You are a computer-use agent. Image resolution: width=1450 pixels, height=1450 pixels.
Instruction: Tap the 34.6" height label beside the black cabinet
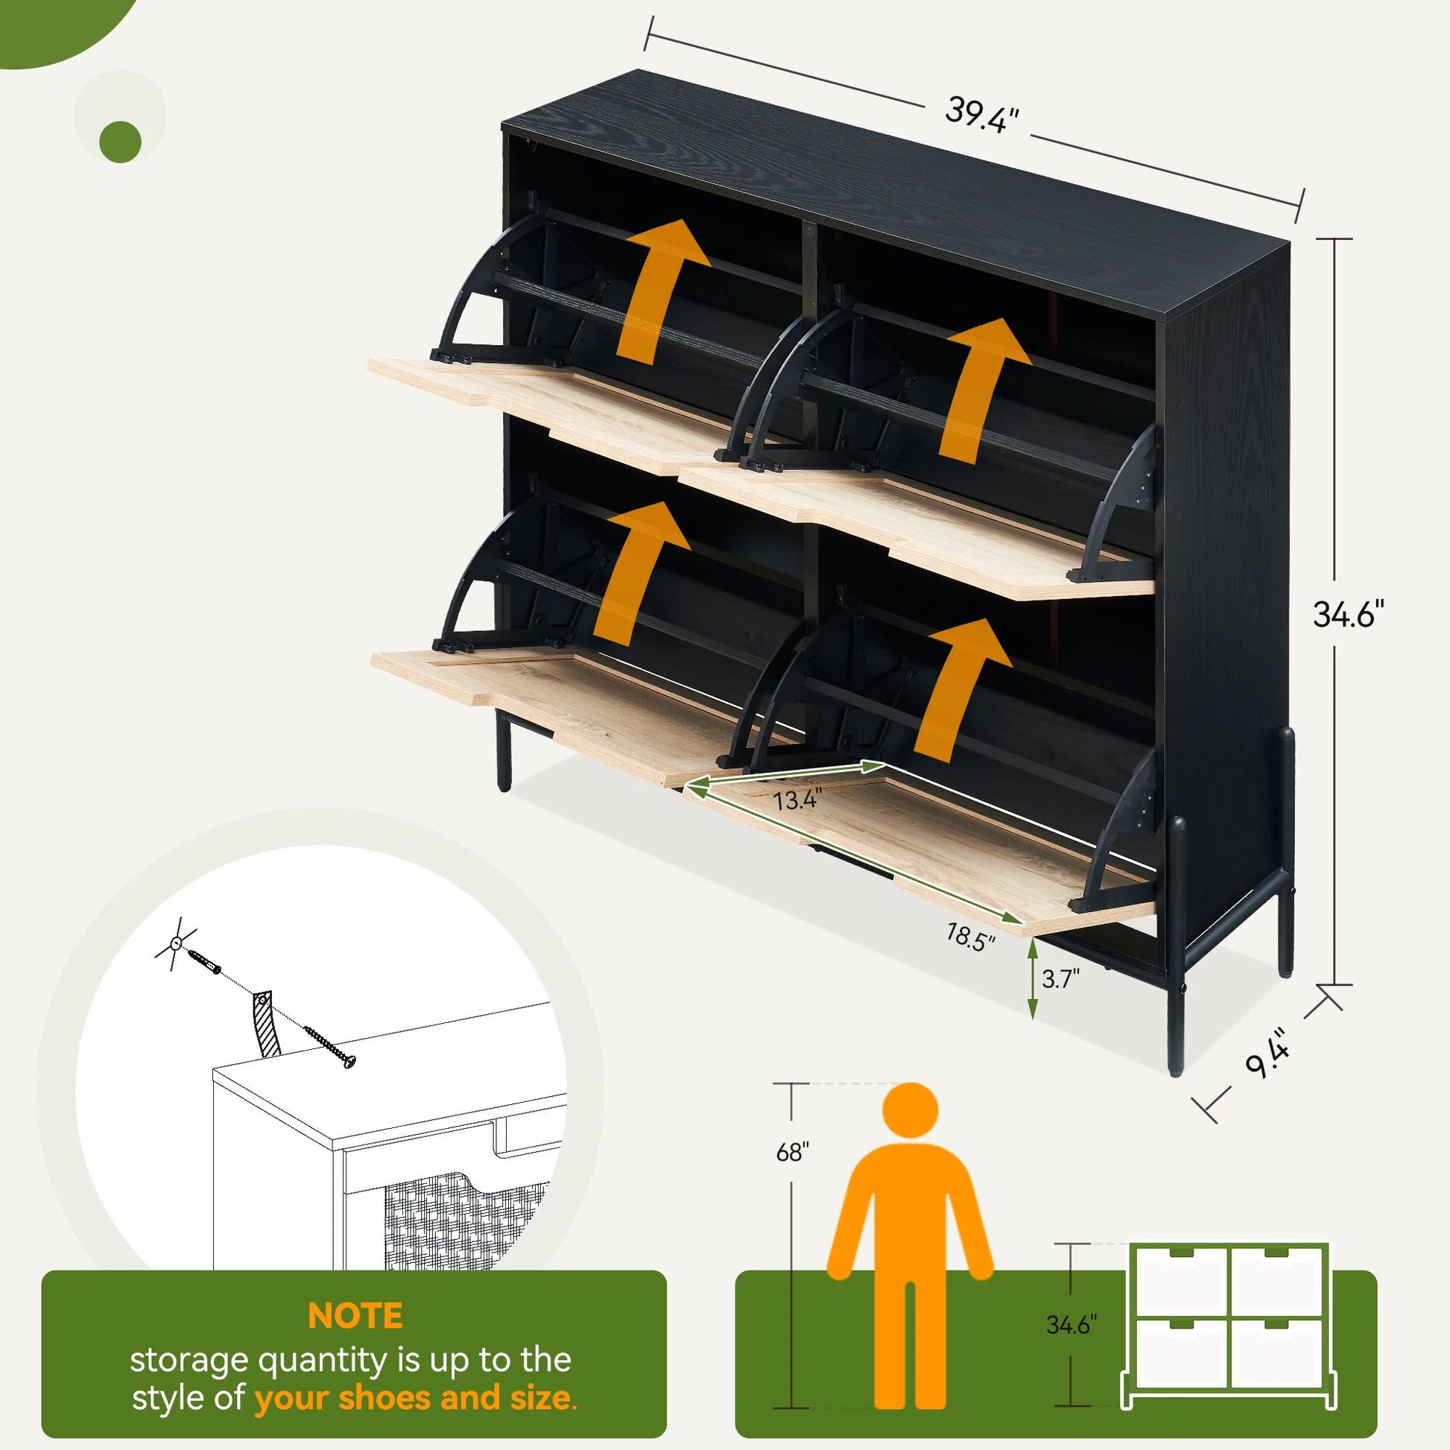[1348, 614]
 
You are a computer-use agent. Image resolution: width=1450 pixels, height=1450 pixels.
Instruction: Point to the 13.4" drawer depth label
[797, 800]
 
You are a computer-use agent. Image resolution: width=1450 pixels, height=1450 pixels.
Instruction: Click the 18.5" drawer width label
[969, 937]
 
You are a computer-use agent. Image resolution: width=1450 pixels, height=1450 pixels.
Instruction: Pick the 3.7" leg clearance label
[1060, 978]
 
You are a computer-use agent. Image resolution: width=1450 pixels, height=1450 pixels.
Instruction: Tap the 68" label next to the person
[792, 1151]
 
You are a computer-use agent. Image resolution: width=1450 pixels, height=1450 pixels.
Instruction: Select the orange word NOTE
[355, 1317]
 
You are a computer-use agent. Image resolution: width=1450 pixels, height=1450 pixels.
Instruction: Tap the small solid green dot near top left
[120, 142]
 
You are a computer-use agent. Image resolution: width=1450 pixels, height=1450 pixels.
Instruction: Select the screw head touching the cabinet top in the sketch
[348, 1060]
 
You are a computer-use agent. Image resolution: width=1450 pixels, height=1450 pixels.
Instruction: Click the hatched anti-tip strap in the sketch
[266, 1025]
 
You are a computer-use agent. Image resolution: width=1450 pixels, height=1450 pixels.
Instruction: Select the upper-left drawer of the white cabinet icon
[1181, 1279]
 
